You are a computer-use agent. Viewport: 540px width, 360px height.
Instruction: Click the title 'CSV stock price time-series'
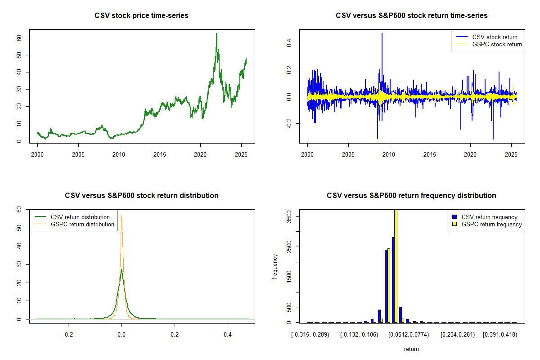click(141, 16)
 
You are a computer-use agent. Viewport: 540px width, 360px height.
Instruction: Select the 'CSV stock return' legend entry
click(495, 37)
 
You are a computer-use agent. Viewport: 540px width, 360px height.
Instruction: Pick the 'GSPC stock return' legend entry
click(497, 44)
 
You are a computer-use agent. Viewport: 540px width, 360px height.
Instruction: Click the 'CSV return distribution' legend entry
click(80, 217)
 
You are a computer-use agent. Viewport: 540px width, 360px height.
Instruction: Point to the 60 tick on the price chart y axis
click(19, 38)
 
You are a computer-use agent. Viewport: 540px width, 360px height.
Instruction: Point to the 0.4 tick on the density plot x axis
click(228, 335)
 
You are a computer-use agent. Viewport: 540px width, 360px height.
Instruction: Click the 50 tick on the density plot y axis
click(19, 228)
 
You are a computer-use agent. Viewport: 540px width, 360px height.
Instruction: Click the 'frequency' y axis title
click(275, 267)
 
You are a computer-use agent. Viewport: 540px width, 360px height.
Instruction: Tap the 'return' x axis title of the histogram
click(411, 349)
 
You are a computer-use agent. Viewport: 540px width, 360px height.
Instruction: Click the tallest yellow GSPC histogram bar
click(396, 265)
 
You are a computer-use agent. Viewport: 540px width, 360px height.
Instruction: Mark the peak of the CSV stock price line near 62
click(216, 34)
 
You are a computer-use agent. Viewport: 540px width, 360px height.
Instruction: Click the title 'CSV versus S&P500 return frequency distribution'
click(411, 196)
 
